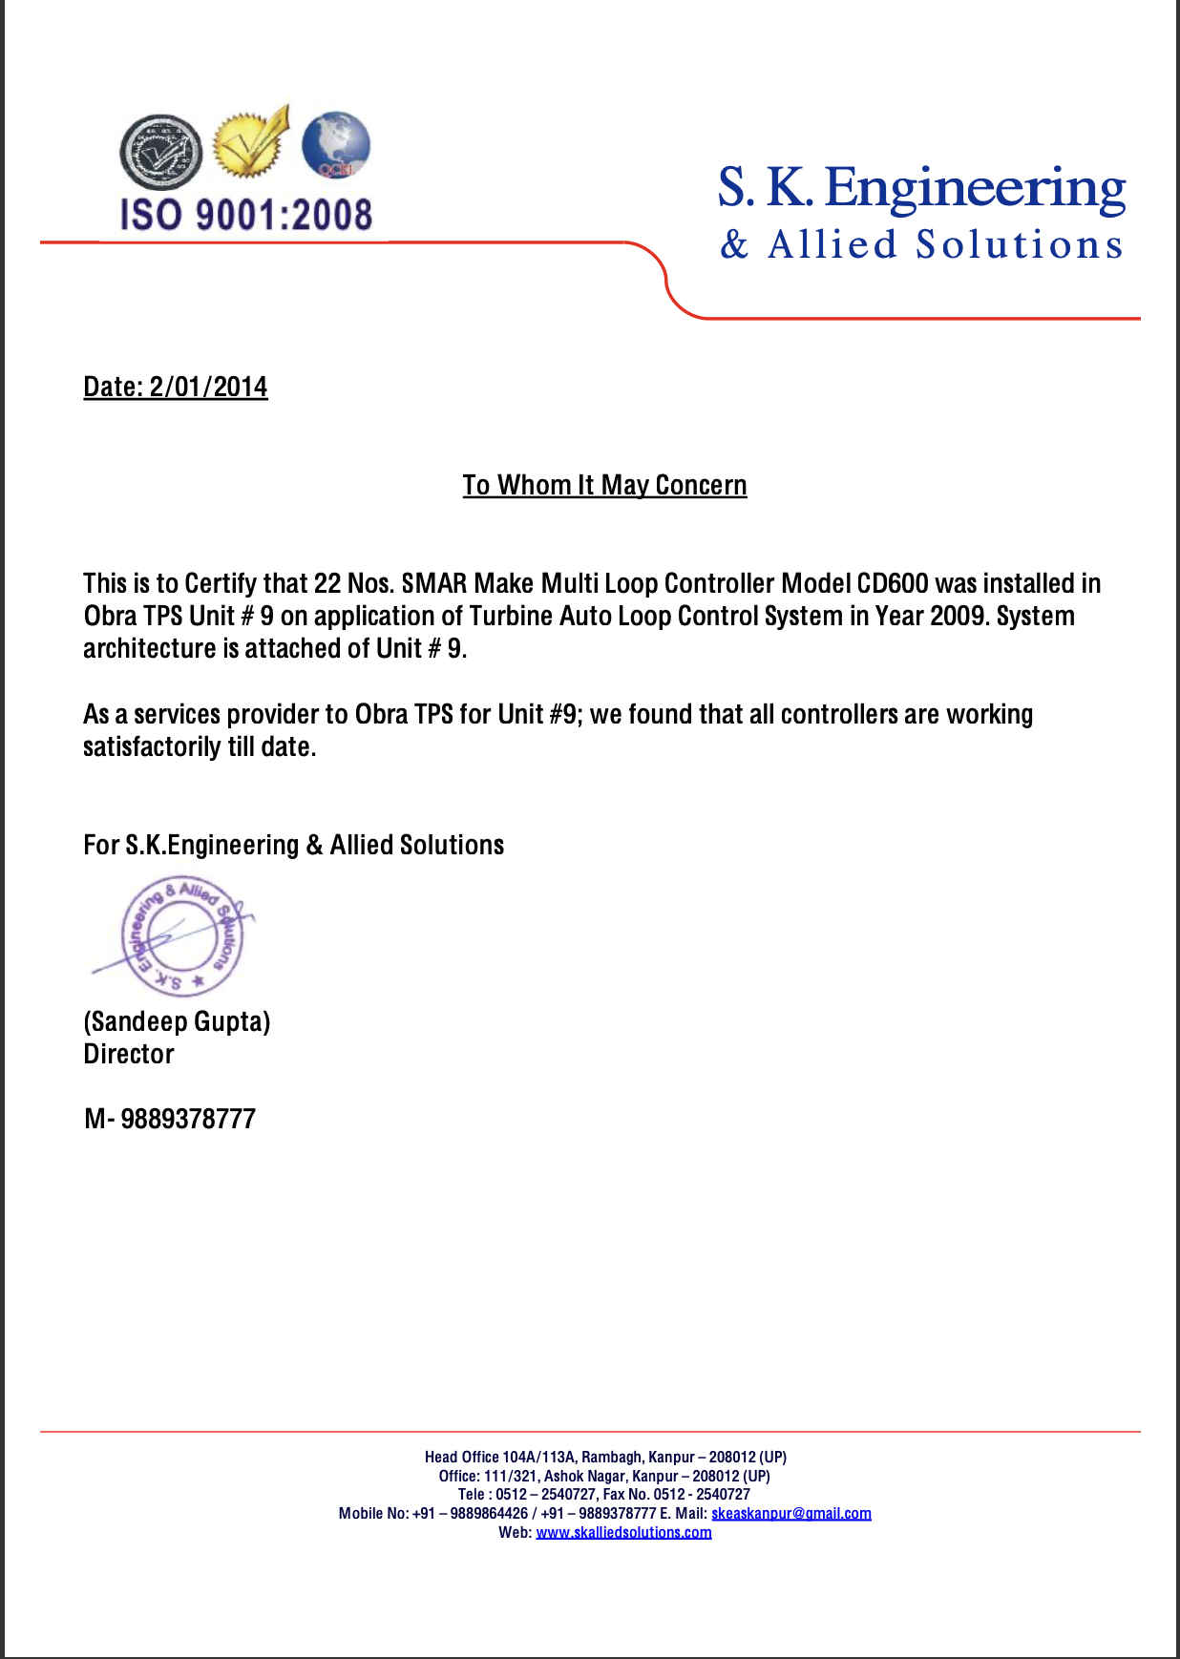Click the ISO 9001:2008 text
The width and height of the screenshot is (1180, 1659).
click(x=245, y=215)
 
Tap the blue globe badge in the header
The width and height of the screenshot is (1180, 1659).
click(x=335, y=145)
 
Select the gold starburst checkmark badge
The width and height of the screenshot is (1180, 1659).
click(x=250, y=143)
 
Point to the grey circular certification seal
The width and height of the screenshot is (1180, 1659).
click(x=160, y=151)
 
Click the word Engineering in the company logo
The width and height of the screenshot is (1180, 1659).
click(x=974, y=188)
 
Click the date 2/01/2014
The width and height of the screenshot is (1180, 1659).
click(x=208, y=387)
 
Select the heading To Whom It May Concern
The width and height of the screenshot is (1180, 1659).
click(x=604, y=485)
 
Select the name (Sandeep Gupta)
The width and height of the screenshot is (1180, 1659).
click(x=177, y=1021)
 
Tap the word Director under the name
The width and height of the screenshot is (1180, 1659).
click(x=129, y=1054)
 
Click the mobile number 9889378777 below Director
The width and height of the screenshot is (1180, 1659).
click(x=187, y=1119)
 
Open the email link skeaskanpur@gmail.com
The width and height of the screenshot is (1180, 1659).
click(x=790, y=1513)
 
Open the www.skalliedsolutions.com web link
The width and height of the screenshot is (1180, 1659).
click(x=623, y=1532)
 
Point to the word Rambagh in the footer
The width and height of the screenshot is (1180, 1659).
click(x=611, y=1457)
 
